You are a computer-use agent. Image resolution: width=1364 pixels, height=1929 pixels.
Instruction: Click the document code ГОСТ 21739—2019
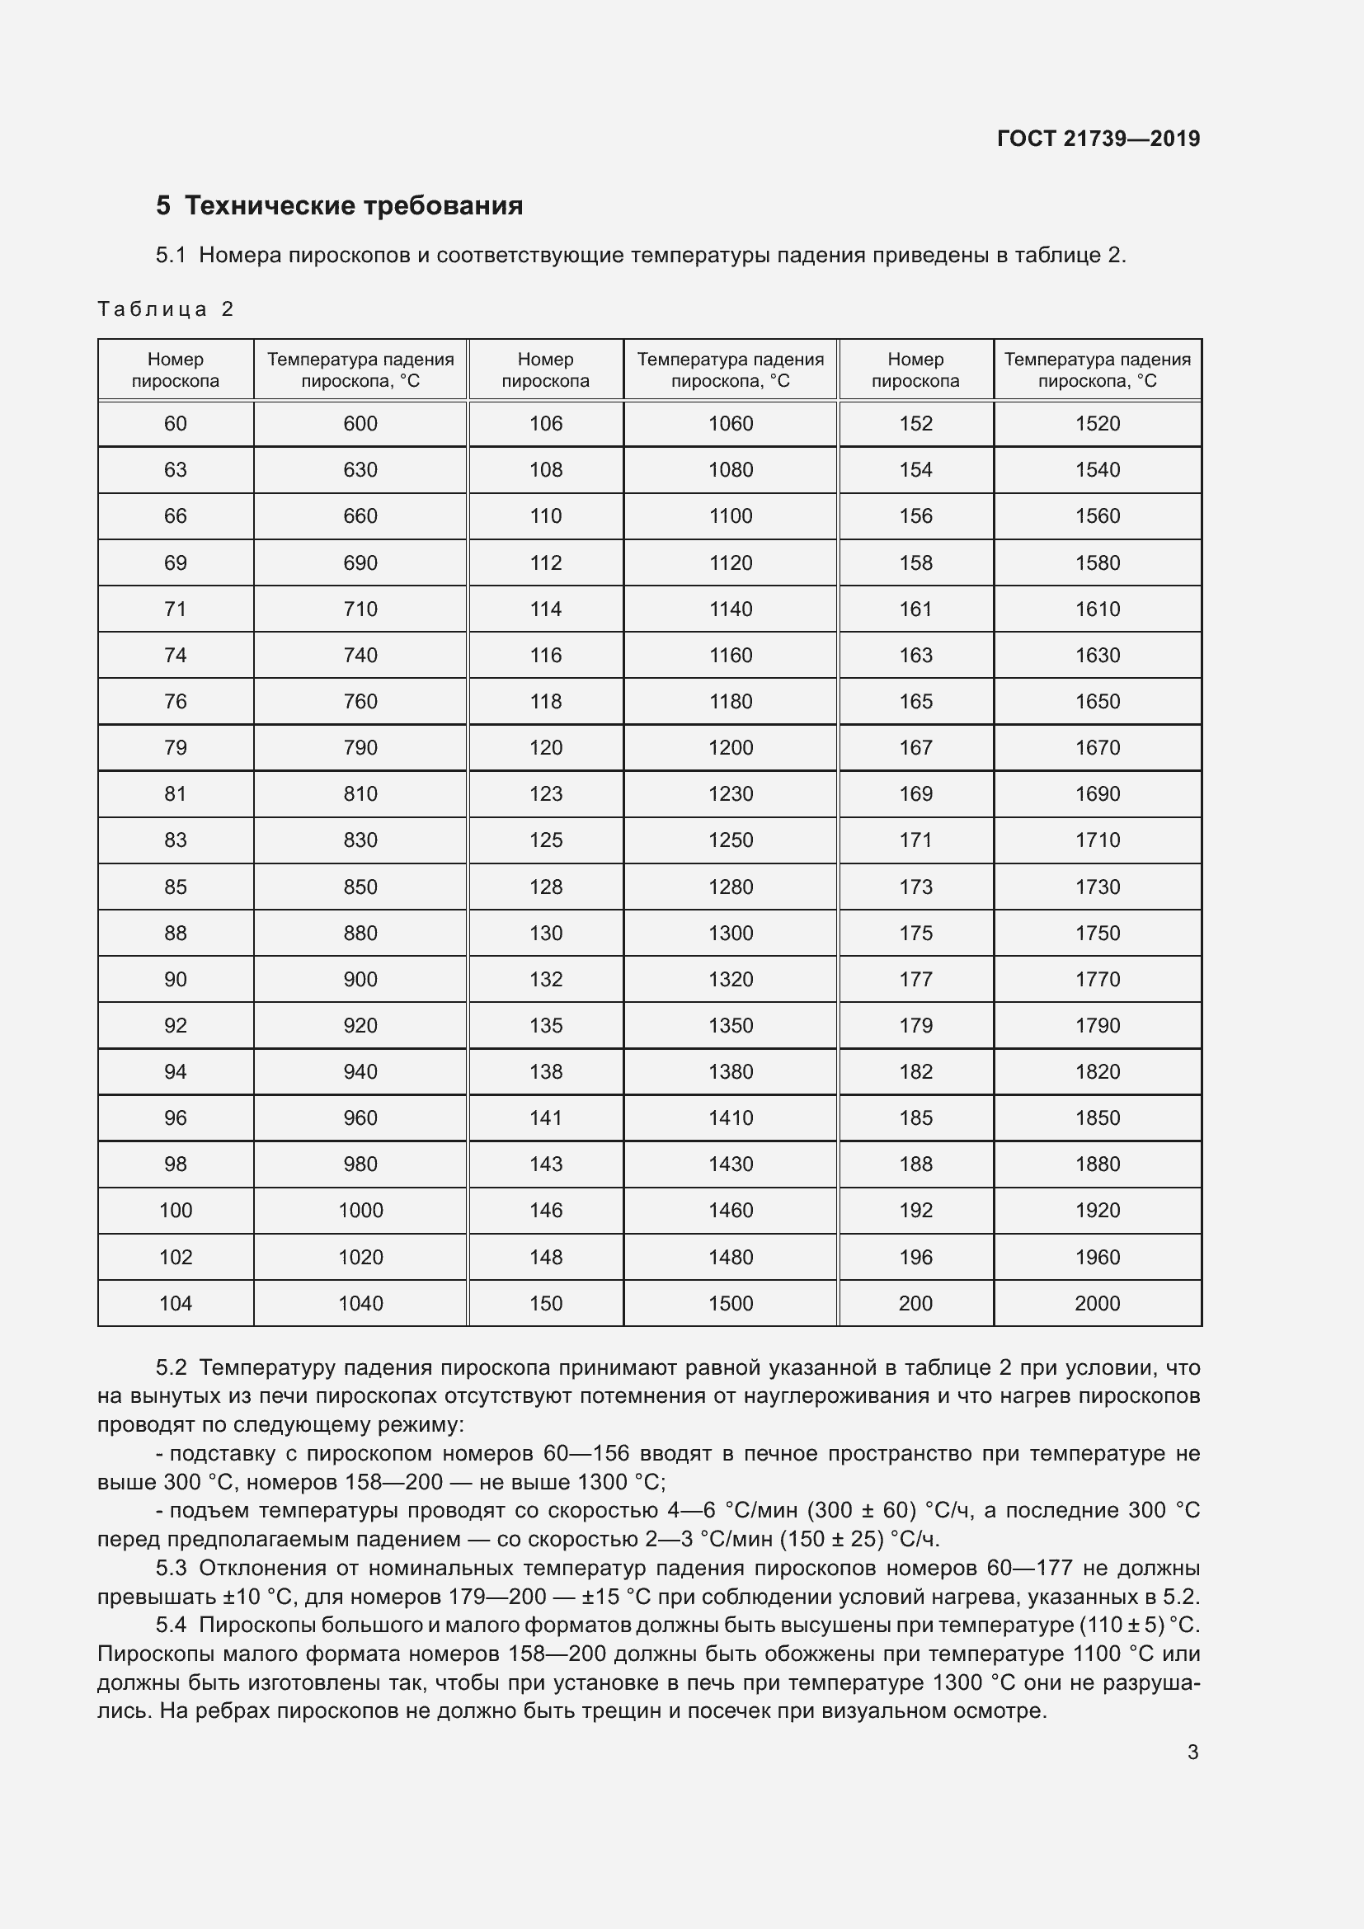point(1098,139)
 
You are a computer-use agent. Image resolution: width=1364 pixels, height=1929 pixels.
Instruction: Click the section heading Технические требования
point(353,206)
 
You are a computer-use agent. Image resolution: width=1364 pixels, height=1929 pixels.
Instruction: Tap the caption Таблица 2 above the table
point(165,309)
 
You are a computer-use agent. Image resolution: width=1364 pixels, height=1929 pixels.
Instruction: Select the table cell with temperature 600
point(360,423)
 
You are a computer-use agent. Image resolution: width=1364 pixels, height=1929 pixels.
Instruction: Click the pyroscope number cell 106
point(545,423)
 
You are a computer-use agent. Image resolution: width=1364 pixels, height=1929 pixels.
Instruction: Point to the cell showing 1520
point(1097,423)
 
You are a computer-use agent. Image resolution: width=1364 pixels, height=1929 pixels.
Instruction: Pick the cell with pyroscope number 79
point(175,748)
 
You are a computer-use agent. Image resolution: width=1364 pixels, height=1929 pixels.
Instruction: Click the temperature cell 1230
point(730,794)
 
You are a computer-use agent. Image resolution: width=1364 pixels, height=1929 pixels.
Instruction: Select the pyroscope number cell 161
point(915,609)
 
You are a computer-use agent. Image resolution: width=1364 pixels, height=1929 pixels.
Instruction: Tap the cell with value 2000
point(1097,1303)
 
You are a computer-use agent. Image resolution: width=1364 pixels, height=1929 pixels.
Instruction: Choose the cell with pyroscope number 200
point(915,1303)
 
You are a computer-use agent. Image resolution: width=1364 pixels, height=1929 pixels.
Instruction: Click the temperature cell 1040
point(360,1303)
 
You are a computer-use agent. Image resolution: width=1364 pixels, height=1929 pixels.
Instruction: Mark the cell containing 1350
point(730,1025)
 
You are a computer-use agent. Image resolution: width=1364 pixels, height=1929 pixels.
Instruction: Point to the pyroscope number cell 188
point(915,1164)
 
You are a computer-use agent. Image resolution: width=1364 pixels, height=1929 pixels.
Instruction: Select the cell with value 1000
point(360,1210)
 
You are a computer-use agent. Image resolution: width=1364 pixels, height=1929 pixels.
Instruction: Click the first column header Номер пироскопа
point(175,369)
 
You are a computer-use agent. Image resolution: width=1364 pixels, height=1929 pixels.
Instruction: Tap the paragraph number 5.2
point(171,1367)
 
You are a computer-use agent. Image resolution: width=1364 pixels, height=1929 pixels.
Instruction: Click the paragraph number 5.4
point(171,1625)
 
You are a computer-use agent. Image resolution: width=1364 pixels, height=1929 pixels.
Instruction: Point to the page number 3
point(1192,1753)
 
